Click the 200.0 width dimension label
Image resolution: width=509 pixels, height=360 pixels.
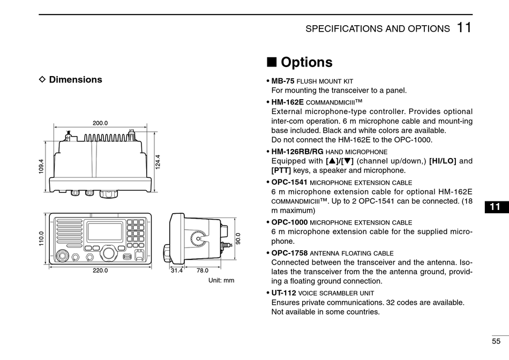[100, 123]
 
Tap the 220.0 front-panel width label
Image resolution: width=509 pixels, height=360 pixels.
[100, 271]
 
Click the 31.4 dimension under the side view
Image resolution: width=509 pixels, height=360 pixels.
[177, 271]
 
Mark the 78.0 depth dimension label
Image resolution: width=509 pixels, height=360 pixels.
[202, 271]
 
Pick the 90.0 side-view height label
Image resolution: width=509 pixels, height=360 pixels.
[238, 238]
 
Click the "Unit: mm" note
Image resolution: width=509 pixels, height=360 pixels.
[221, 280]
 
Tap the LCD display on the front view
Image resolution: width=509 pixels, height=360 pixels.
[104, 231]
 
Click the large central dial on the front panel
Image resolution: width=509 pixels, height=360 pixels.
[109, 254]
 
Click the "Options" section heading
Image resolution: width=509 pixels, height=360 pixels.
[306, 63]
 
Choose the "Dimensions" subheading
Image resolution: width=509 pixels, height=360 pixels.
[76, 80]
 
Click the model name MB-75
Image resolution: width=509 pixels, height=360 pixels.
[283, 81]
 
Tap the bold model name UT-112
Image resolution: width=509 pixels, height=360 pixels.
[283, 293]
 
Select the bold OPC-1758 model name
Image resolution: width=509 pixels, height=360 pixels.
[289, 253]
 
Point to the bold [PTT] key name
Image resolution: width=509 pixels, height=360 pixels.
[281, 170]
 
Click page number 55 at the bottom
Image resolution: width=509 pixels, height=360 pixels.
[496, 341]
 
